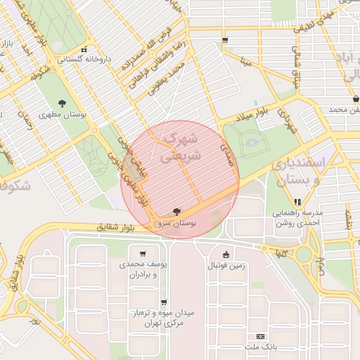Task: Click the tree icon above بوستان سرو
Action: pos(175,211)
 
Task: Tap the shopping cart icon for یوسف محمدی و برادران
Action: pos(143,254)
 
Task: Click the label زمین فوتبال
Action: pos(226,266)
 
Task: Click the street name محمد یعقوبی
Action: pos(172,77)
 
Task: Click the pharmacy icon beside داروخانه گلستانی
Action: pos(84,50)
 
